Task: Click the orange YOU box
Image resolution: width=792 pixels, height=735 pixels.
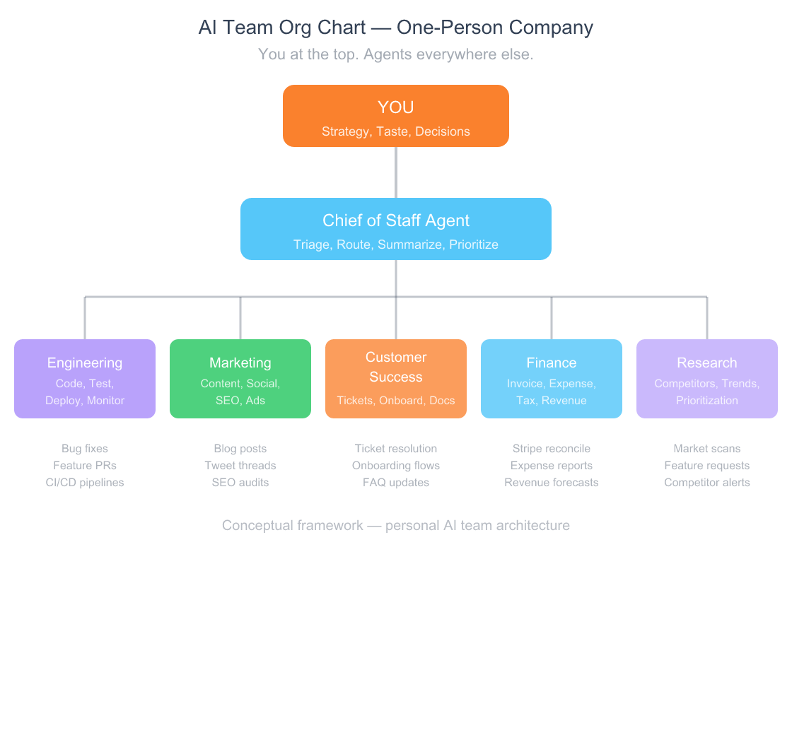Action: pyautogui.click(x=396, y=116)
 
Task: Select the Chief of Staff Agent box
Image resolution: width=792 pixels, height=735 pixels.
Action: pyautogui.click(x=396, y=229)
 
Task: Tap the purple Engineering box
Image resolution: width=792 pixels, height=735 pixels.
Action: pyautogui.click(x=85, y=379)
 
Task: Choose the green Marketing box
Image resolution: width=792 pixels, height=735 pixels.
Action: pyautogui.click(x=240, y=379)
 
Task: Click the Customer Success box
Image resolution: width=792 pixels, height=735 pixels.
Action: pyautogui.click(x=396, y=379)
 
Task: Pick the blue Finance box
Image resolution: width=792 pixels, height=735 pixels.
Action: pyautogui.click(x=552, y=379)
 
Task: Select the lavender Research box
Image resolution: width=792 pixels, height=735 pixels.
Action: pyautogui.click(x=707, y=379)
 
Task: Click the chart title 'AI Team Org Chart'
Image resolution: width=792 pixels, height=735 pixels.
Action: pyautogui.click(x=396, y=28)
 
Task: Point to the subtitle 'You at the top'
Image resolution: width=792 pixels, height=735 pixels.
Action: pyautogui.click(x=396, y=54)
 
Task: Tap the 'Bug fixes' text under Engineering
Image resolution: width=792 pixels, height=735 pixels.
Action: pyautogui.click(x=85, y=449)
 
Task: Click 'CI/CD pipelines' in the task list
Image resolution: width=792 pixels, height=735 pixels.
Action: pyautogui.click(x=85, y=483)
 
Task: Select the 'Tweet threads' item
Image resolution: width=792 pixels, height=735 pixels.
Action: pyautogui.click(x=240, y=466)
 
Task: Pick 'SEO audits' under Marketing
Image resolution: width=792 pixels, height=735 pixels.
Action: pyautogui.click(x=240, y=483)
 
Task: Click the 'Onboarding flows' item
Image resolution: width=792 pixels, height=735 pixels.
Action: pyautogui.click(x=396, y=466)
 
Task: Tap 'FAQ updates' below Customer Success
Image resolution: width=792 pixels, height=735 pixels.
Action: pyautogui.click(x=396, y=483)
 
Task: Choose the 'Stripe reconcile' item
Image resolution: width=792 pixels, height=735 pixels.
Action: pyautogui.click(x=552, y=449)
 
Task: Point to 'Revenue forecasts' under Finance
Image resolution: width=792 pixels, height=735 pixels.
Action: pyautogui.click(x=552, y=483)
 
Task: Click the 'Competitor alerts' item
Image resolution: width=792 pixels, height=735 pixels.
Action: pyautogui.click(x=707, y=483)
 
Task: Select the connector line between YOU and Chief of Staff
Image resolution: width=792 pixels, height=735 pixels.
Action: pyautogui.click(x=396, y=172)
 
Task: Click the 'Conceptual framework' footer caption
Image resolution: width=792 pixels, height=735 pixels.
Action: pyautogui.click(x=396, y=526)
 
